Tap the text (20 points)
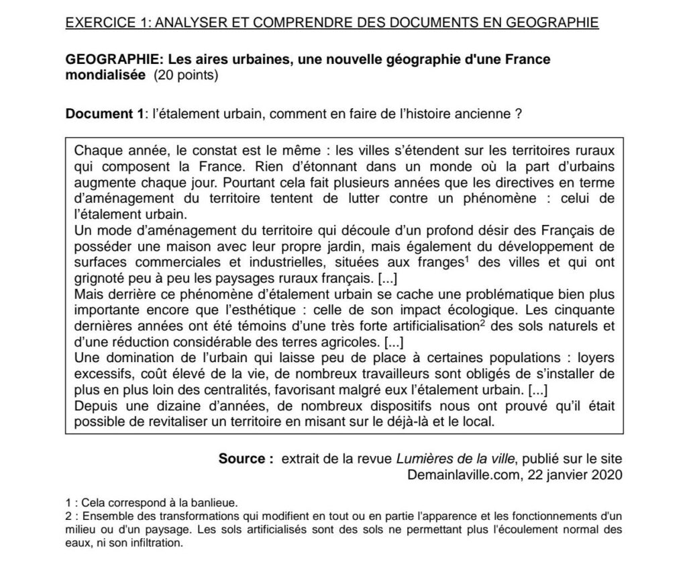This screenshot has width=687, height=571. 186,75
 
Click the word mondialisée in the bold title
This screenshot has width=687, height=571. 104,75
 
